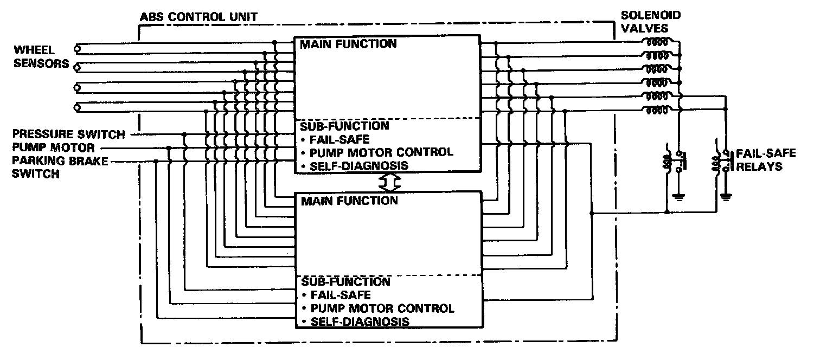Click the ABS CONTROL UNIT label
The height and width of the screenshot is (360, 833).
click(198, 17)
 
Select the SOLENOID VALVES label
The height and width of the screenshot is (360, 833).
click(650, 22)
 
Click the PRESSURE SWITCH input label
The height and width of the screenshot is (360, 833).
click(69, 134)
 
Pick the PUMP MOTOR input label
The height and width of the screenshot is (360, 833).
click(54, 147)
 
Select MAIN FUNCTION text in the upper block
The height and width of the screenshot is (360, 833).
click(349, 44)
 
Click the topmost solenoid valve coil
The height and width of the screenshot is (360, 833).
click(655, 42)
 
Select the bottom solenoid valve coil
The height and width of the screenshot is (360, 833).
click(655, 111)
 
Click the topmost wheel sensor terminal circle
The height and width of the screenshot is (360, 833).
click(78, 48)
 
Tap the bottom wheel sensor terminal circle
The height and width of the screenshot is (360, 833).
click(78, 108)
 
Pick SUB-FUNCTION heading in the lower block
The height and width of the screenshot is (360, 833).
click(345, 282)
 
